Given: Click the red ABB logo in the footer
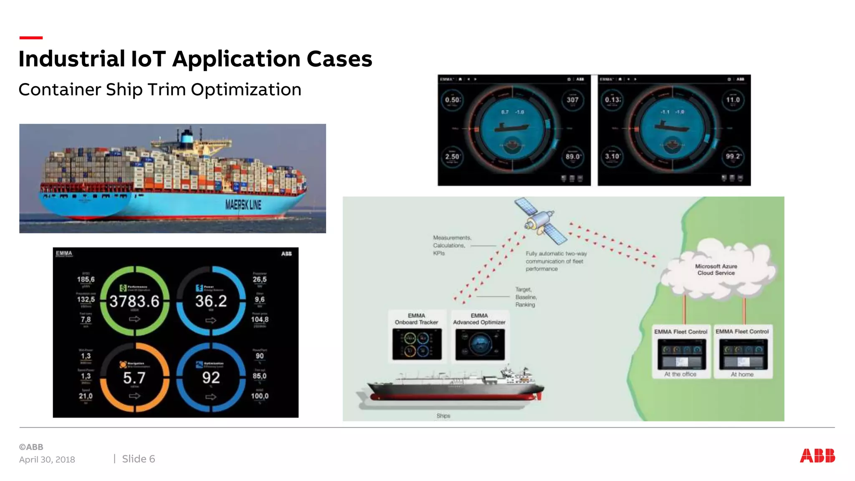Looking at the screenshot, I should coord(817,456).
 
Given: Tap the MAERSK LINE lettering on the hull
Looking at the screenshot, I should coord(243,205).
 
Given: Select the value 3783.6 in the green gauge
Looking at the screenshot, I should coord(134,301).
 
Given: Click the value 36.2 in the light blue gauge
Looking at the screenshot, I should coord(211,301).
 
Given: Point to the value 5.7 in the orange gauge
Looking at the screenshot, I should coord(134,378).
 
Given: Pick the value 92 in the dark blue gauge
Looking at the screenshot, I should coord(211,377).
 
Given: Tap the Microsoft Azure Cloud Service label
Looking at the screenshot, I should coord(716,269).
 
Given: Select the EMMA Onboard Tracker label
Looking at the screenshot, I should coord(416,319).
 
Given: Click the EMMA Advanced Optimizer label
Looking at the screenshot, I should coord(479,319).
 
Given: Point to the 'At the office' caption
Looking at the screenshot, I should coord(680,374).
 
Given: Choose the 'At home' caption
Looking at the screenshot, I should coord(742,375).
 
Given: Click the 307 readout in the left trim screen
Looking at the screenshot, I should coord(572,100).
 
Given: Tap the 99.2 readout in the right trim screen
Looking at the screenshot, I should coord(733,157).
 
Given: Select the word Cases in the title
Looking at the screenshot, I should coord(339,59).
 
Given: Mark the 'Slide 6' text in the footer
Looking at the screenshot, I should coord(138,459).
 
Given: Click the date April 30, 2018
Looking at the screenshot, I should coord(47,460).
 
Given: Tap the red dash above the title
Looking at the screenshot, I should coord(31,38).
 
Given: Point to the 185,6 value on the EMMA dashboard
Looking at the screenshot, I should coord(86,279).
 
